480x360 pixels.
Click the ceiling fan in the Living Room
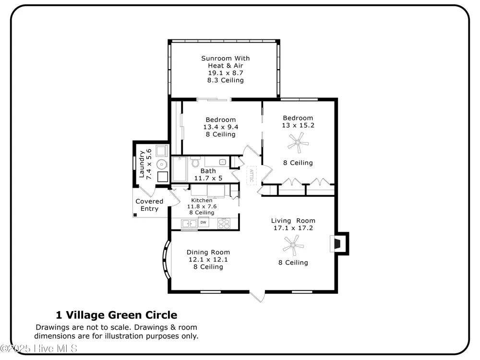coord(293,245)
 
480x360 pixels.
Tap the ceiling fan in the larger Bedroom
coord(298,143)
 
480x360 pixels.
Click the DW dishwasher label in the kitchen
coord(203,223)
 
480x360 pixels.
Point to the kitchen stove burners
coord(224,224)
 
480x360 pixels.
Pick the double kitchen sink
coord(189,224)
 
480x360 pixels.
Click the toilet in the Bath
coord(195,161)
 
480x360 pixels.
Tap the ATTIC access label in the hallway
coord(252,175)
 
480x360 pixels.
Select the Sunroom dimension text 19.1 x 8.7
coord(226,73)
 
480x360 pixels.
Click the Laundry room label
coord(142,164)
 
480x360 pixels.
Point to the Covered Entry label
coord(149,205)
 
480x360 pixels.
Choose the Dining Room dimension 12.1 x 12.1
coord(208,260)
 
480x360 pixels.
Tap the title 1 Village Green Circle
coord(116,315)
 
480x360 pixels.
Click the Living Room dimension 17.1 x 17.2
coord(293,228)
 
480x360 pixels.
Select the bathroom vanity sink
coord(223,162)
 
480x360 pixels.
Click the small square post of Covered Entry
coord(135,215)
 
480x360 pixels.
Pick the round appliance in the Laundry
coord(162,164)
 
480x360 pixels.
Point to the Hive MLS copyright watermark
coord(38,348)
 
